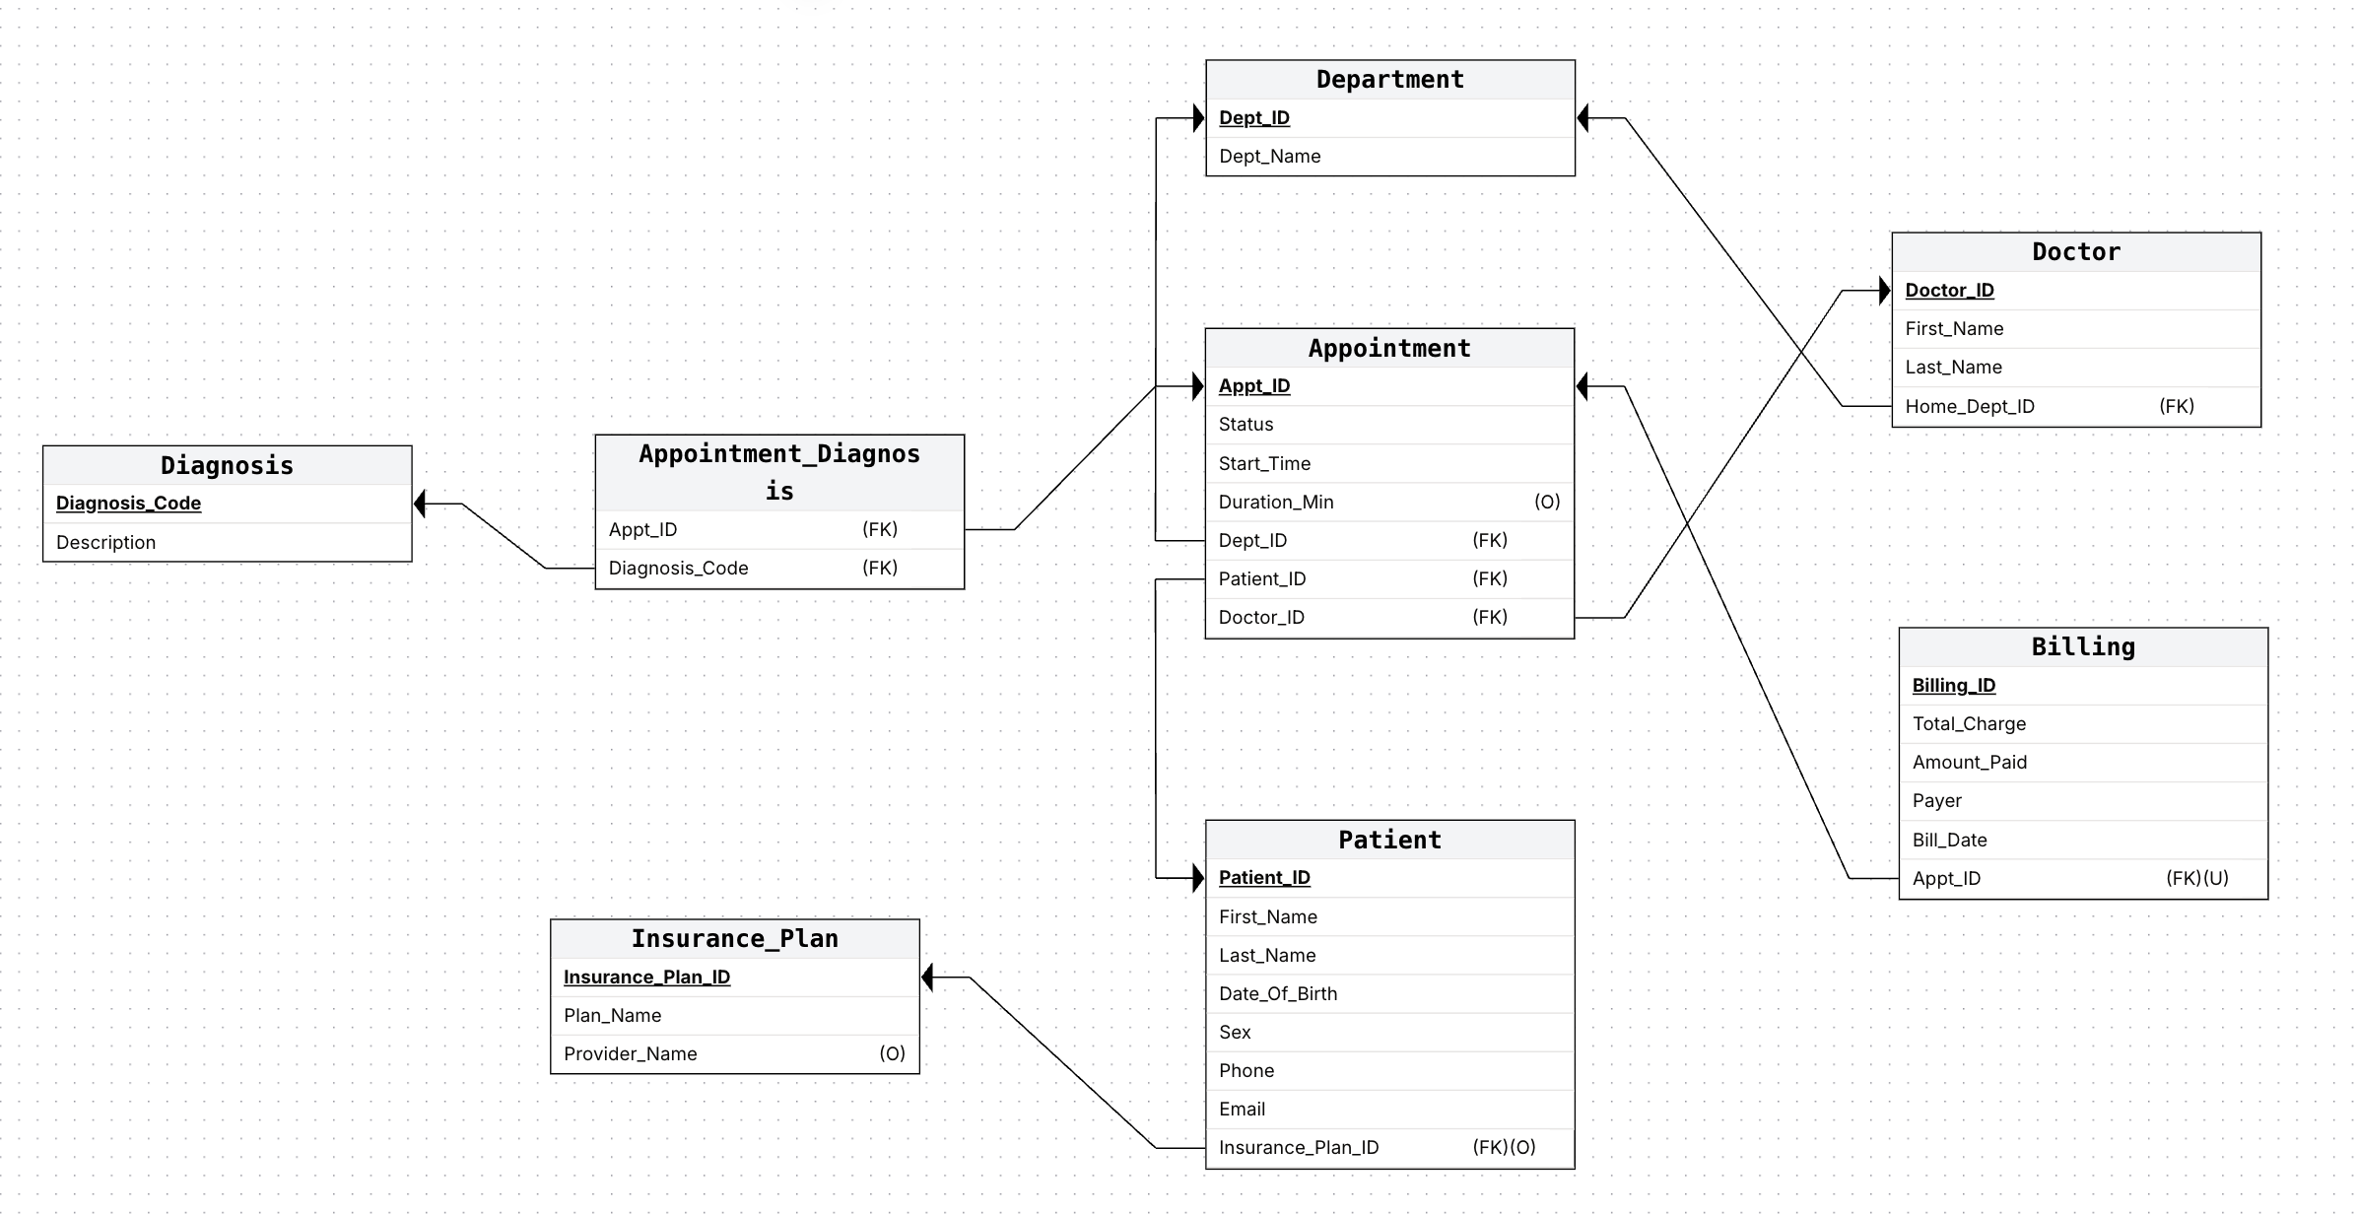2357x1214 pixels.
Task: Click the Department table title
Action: coord(1389,80)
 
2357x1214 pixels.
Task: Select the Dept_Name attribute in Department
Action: coord(1269,157)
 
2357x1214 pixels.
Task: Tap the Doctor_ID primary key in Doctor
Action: coord(1949,291)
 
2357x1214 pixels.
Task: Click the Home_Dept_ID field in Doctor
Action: coord(1969,407)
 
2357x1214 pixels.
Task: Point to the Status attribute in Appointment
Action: coord(1246,425)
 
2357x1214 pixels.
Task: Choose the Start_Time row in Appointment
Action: coord(1264,463)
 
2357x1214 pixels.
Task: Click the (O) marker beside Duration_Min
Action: coord(1547,502)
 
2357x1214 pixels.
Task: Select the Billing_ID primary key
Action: coord(1954,686)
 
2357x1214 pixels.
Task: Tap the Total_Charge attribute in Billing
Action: coord(1969,724)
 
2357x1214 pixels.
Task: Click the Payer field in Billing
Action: coord(1936,801)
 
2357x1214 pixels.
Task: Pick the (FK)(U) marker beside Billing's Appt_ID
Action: coord(2196,878)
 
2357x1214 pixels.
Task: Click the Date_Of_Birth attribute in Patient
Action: coord(1278,993)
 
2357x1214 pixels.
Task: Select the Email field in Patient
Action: coord(1242,1110)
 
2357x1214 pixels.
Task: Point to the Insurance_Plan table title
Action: coord(734,939)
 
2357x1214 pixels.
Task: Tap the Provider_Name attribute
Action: coord(630,1054)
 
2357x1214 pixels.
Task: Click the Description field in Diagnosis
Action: coord(105,543)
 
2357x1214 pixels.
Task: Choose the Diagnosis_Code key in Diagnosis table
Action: coord(128,504)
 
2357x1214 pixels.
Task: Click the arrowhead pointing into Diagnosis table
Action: coord(420,505)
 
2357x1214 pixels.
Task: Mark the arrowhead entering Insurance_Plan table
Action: coord(927,978)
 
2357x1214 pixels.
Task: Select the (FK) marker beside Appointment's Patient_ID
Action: coord(1490,578)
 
